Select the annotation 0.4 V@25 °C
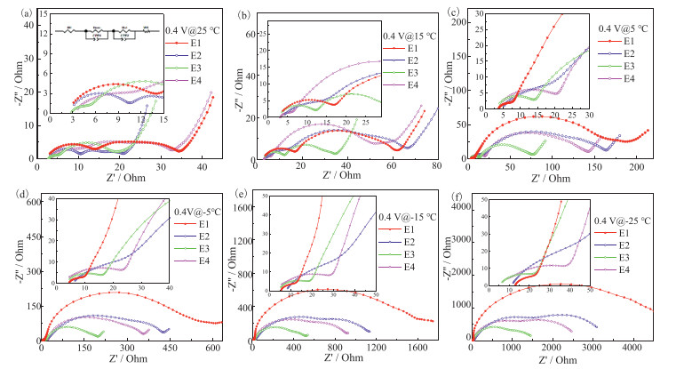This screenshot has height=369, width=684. coord(188,29)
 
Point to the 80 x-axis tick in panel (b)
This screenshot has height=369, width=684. coord(436,167)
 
